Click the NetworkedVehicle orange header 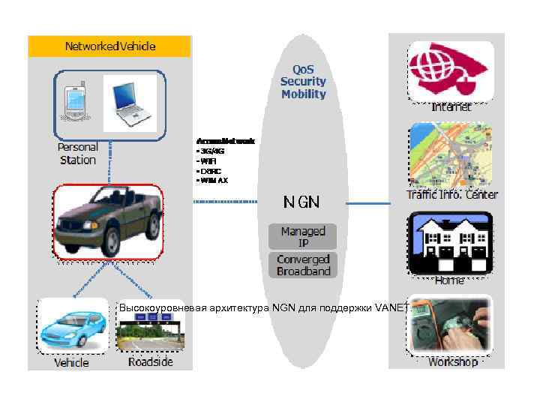click(x=109, y=46)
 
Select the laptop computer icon click(x=130, y=102)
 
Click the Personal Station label click(x=78, y=154)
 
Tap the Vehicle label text click(x=71, y=363)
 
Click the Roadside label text click(x=150, y=362)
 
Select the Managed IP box click(x=303, y=236)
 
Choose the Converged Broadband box click(x=303, y=265)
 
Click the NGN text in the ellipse click(x=301, y=202)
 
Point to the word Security click(x=303, y=81)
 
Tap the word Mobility click(x=303, y=94)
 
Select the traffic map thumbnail click(x=450, y=156)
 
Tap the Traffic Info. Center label click(x=451, y=194)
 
